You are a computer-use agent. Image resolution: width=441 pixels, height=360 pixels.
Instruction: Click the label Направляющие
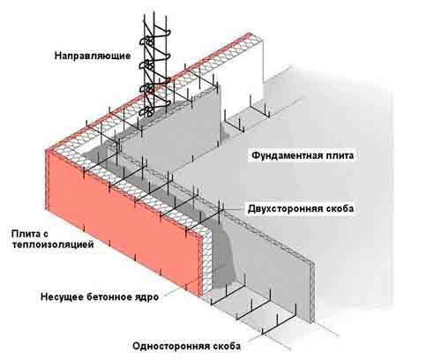tap(93, 56)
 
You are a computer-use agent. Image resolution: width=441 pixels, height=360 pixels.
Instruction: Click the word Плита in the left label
tap(26, 234)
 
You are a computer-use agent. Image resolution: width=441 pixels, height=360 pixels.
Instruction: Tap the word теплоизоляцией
tap(53, 244)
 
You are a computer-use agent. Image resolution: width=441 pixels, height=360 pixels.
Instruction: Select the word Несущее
tap(62, 297)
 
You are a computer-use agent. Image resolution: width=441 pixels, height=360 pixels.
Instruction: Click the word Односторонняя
tap(172, 346)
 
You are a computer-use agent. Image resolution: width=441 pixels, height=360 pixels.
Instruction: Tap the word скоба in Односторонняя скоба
tap(227, 346)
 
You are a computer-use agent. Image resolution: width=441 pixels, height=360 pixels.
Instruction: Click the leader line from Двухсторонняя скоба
tap(235, 210)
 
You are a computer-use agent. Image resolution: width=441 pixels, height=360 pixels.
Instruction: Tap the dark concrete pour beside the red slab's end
tap(223, 259)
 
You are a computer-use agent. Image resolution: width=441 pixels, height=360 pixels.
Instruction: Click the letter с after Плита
tap(45, 235)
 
